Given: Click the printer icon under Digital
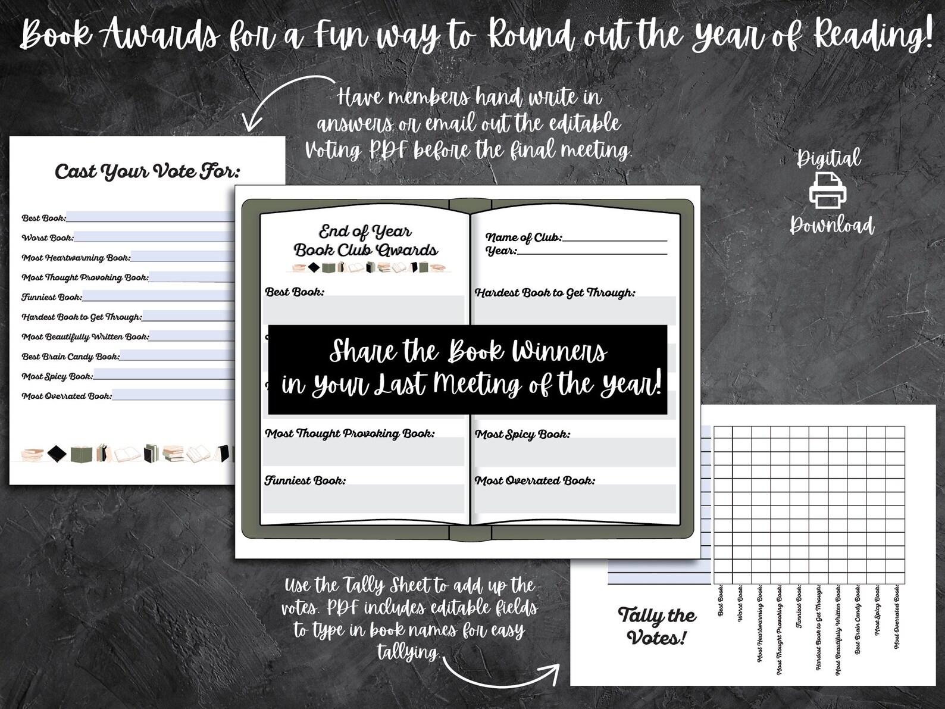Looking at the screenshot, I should [x=827, y=190].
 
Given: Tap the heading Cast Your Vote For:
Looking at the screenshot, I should [x=148, y=172].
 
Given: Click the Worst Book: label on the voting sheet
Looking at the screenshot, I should [x=48, y=238].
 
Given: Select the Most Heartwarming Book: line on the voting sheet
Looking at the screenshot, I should [x=76, y=258].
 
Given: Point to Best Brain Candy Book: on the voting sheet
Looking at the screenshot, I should [x=70, y=357].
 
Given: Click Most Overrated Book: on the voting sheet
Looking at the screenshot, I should [x=67, y=396].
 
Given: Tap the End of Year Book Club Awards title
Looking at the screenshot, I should [x=365, y=241].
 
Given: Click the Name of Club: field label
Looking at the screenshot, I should [x=523, y=238].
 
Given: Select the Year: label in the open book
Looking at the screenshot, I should [x=501, y=251].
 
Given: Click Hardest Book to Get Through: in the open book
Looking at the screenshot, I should [x=555, y=293].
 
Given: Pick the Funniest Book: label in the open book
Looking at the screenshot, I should [x=305, y=480].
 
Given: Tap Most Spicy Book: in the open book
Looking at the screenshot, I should [x=522, y=434].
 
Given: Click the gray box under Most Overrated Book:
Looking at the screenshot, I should [x=575, y=499].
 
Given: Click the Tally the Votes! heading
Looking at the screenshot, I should [x=656, y=626].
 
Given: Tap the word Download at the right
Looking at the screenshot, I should [x=831, y=226].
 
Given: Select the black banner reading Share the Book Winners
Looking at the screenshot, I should [x=468, y=369].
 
